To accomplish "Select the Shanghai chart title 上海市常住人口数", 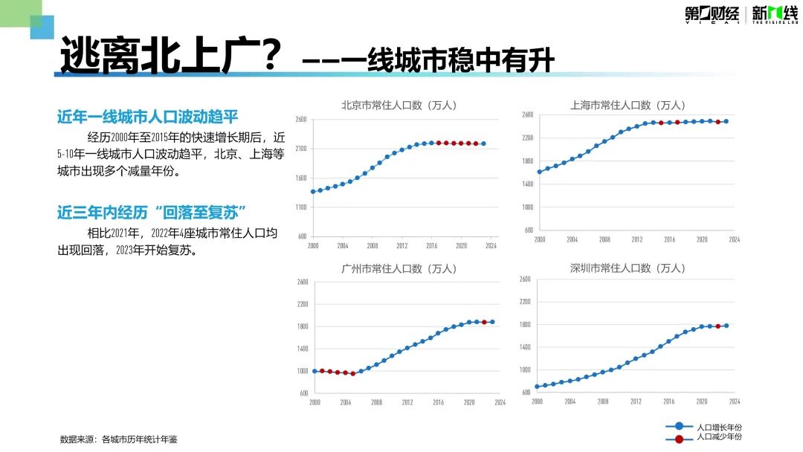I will (x=628, y=106).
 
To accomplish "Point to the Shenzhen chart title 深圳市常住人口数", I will (x=628, y=268).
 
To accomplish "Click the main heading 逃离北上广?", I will (x=170, y=56).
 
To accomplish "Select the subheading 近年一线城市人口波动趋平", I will (x=148, y=117).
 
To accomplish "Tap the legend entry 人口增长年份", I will (x=718, y=427).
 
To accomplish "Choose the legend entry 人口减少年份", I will (x=718, y=437).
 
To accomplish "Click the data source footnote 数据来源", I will (x=118, y=439).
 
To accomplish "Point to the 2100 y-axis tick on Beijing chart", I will (x=301, y=149).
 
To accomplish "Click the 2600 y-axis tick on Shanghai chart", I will (x=527, y=114).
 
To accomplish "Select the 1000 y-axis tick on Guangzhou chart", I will (x=302, y=371).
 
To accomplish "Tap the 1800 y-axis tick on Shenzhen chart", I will (x=525, y=325).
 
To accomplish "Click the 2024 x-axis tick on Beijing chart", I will (x=491, y=246).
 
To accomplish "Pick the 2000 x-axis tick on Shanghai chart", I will (x=540, y=239).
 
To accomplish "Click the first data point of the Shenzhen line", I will (x=537, y=387).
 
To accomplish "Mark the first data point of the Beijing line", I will (x=313, y=192).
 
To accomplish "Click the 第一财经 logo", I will (x=712, y=14).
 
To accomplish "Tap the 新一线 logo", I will (x=775, y=14).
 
